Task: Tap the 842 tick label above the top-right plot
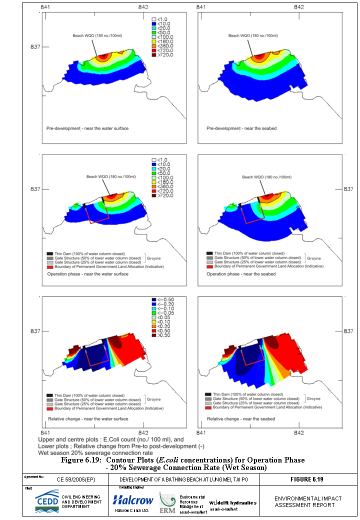[299, 7]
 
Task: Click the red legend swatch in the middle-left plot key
[49, 267]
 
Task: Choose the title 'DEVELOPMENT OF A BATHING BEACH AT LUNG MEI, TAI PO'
[183, 479]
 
